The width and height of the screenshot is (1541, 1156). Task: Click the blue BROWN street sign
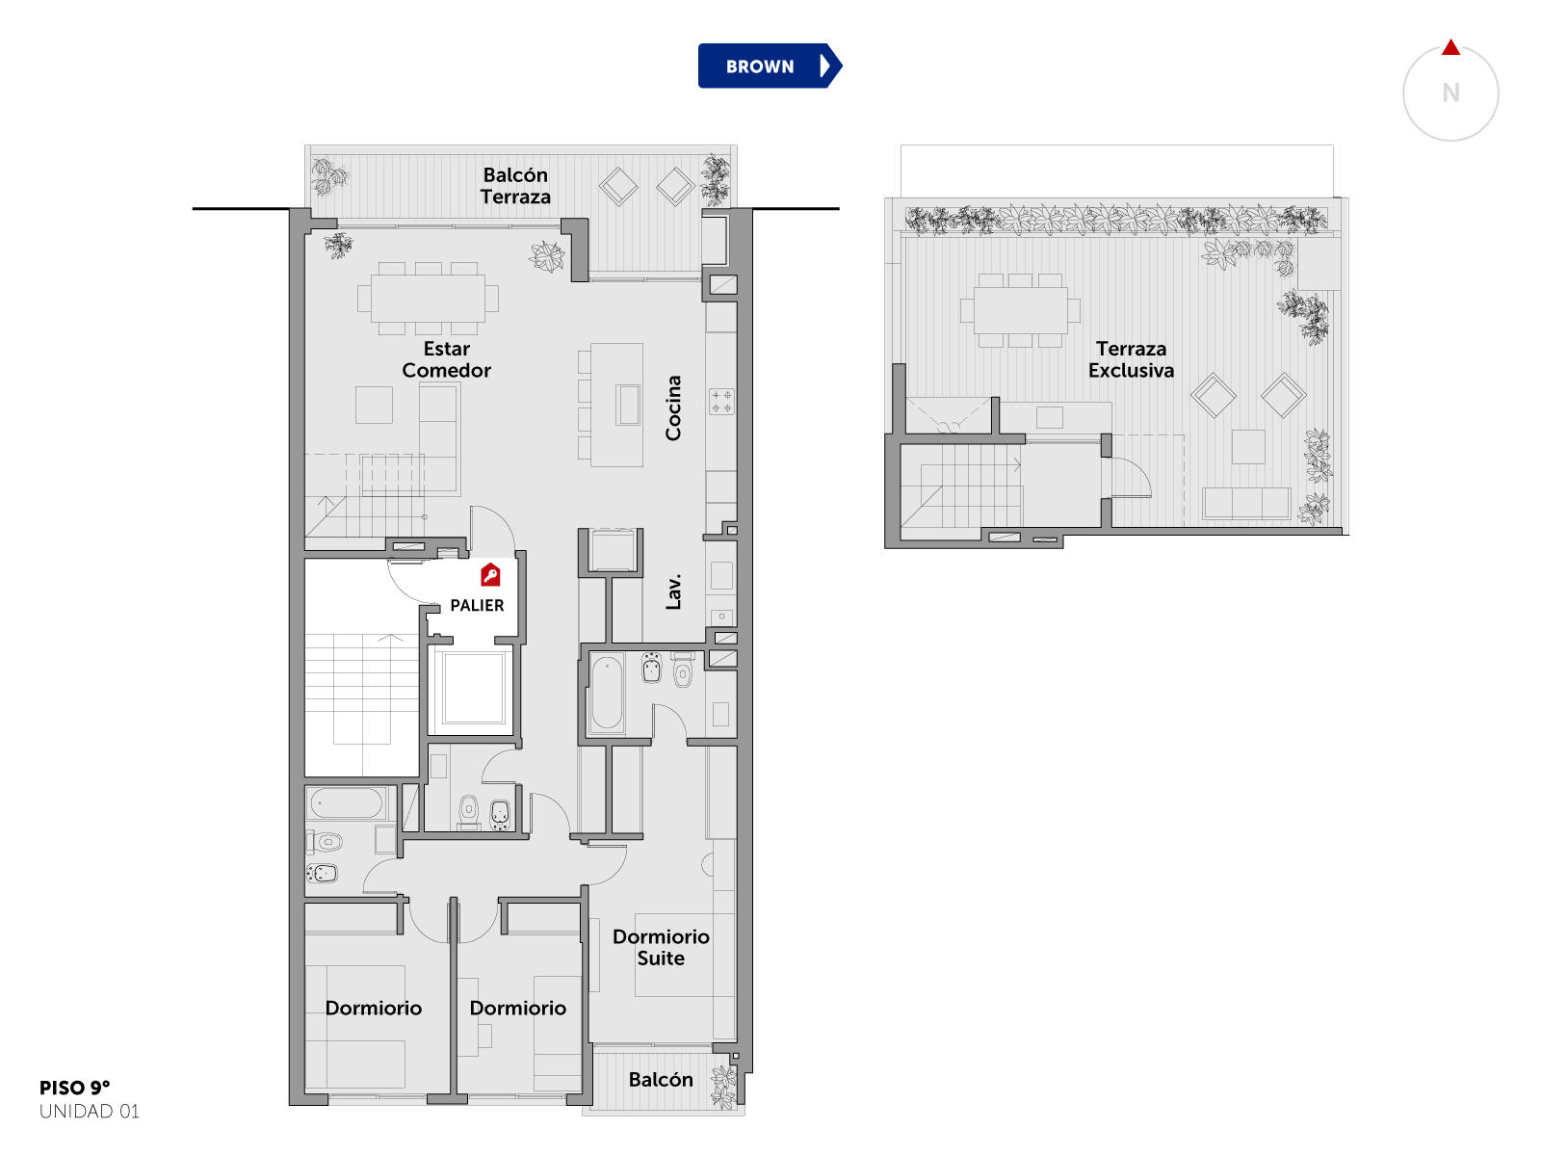pyautogui.click(x=769, y=66)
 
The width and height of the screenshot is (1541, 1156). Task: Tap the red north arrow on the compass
pyautogui.click(x=1450, y=47)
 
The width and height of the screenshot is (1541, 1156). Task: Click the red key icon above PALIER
pyautogui.click(x=490, y=574)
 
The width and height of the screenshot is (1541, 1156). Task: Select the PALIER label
pyautogui.click(x=477, y=605)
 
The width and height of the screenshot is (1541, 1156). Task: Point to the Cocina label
pyautogui.click(x=673, y=407)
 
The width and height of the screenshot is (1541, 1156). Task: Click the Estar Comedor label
pyautogui.click(x=446, y=359)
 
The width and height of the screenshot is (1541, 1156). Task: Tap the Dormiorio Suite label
pyautogui.click(x=661, y=947)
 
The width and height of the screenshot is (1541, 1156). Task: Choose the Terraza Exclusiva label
pyautogui.click(x=1131, y=359)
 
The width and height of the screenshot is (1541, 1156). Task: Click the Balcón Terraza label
pyautogui.click(x=515, y=185)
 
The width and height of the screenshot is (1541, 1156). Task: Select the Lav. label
pyautogui.click(x=673, y=591)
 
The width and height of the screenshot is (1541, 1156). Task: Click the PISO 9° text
pyautogui.click(x=74, y=1088)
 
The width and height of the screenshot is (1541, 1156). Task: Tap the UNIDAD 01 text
pyautogui.click(x=90, y=1111)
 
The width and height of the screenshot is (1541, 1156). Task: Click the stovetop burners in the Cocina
pyautogui.click(x=721, y=402)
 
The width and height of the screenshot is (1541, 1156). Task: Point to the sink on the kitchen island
pyautogui.click(x=628, y=405)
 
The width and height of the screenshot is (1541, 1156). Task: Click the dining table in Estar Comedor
pyautogui.click(x=428, y=299)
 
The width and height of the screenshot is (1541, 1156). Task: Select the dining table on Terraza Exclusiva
pyautogui.click(x=1020, y=310)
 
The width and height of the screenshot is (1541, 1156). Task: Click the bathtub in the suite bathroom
pyautogui.click(x=607, y=692)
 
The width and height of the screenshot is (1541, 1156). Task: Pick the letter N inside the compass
pyautogui.click(x=1450, y=92)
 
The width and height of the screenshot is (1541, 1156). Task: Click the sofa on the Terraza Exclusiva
pyautogui.click(x=1245, y=503)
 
